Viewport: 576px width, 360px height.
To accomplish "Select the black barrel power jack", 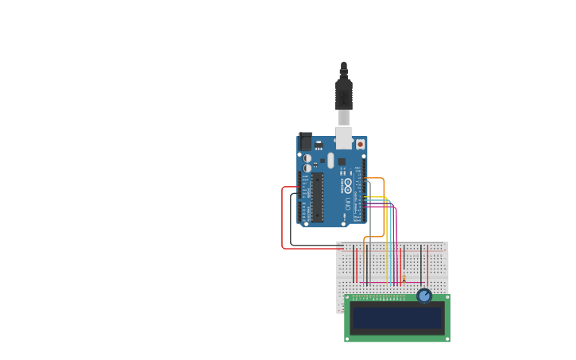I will pyautogui.click(x=304, y=141).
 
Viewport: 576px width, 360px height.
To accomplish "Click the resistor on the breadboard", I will pyautogui.click(x=404, y=278).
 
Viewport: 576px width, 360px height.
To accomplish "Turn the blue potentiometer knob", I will pyautogui.click(x=424, y=296).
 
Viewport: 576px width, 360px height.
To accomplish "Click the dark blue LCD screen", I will pyautogui.click(x=397, y=318).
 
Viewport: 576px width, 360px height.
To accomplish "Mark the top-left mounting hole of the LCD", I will pyautogui.click(x=348, y=298).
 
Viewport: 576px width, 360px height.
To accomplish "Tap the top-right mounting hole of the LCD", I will pyautogui.click(x=446, y=298).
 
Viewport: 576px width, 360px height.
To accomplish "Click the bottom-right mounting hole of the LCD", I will pyautogui.click(x=446, y=339).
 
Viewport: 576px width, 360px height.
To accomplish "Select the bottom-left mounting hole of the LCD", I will pyautogui.click(x=348, y=339).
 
